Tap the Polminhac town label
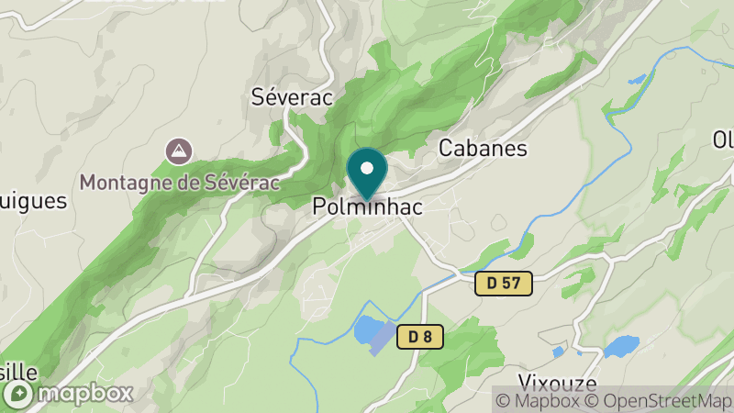367,207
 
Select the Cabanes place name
483,148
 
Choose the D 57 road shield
504,284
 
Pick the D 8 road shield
420,337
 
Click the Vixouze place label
558,384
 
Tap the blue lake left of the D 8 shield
369,329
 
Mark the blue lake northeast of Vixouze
621,346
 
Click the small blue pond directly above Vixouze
558,352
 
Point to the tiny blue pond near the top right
635,80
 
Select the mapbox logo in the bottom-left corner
68,394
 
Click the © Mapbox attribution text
539,400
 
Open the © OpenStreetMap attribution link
659,400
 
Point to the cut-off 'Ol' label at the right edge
723,140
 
